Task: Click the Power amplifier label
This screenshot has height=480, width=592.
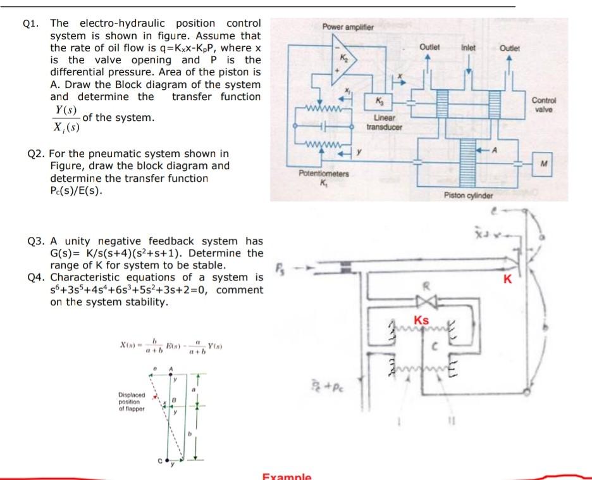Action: click(x=348, y=27)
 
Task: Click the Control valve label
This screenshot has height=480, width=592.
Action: click(x=542, y=104)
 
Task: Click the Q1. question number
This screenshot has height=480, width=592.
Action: click(x=30, y=24)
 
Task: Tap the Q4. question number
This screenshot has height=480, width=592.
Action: click(x=37, y=277)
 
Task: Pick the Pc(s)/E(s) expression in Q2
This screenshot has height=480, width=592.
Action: click(x=77, y=191)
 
